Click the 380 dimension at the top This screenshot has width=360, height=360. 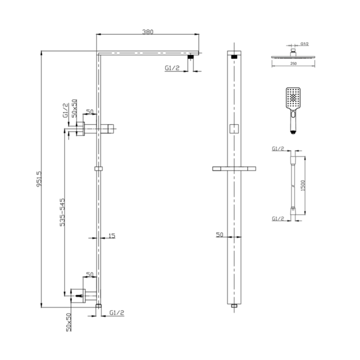pyautogui.click(x=147, y=32)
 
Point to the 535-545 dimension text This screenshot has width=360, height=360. pyautogui.click(x=62, y=213)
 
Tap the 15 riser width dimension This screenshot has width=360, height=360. pyautogui.click(x=112, y=236)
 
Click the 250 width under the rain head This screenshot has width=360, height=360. pyautogui.click(x=293, y=63)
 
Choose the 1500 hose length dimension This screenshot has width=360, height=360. pyautogui.click(x=303, y=186)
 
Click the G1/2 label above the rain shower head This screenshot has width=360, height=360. pyautogui.click(x=304, y=44)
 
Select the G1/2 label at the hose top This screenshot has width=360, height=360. pyautogui.click(x=278, y=149)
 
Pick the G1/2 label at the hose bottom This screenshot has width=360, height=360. pyautogui.click(x=278, y=219)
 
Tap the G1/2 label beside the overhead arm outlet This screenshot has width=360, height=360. pyautogui.click(x=172, y=68)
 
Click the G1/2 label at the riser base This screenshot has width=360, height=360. pyautogui.click(x=117, y=313)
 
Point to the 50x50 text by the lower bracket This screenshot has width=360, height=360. pyautogui.click(x=69, y=322)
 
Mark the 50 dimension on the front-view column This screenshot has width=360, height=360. pyautogui.click(x=219, y=235)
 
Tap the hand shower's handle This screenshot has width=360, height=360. pyautogui.click(x=293, y=122)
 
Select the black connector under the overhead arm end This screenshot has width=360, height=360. pyautogui.click(x=190, y=57)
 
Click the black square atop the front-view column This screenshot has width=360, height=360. pyautogui.click(x=234, y=57)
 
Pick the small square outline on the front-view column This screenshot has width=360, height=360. pyautogui.click(x=234, y=128)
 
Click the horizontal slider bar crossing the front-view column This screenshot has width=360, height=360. pyautogui.click(x=234, y=169)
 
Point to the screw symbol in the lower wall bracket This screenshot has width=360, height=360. pyautogui.click(x=79, y=295)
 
